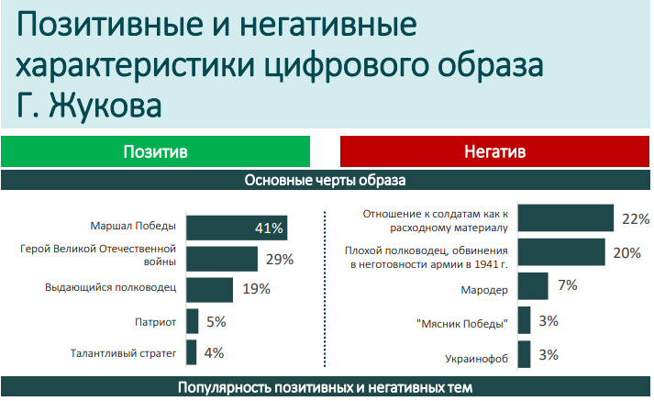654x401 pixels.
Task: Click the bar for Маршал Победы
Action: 237,228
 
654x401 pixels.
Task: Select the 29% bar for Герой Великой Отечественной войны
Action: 222,259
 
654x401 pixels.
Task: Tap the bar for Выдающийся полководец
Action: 209,290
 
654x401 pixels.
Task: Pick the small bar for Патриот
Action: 193,321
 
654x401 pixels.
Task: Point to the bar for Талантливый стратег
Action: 192,352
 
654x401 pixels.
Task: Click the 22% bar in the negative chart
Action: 566,217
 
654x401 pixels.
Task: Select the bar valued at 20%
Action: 561,252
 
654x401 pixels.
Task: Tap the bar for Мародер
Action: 533,285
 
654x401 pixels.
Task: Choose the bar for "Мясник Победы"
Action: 525,320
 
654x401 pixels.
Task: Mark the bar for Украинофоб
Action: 525,354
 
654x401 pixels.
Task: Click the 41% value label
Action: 269,228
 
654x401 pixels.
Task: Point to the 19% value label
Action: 257,289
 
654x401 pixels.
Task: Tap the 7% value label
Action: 568,285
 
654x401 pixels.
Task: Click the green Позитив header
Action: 155,151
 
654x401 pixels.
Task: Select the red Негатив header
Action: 494,151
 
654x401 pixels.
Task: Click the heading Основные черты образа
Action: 325,180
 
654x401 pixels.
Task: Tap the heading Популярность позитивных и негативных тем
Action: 325,387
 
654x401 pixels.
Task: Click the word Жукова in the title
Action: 105,106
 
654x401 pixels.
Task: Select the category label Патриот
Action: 155,322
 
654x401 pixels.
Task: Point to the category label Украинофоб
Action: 476,359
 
